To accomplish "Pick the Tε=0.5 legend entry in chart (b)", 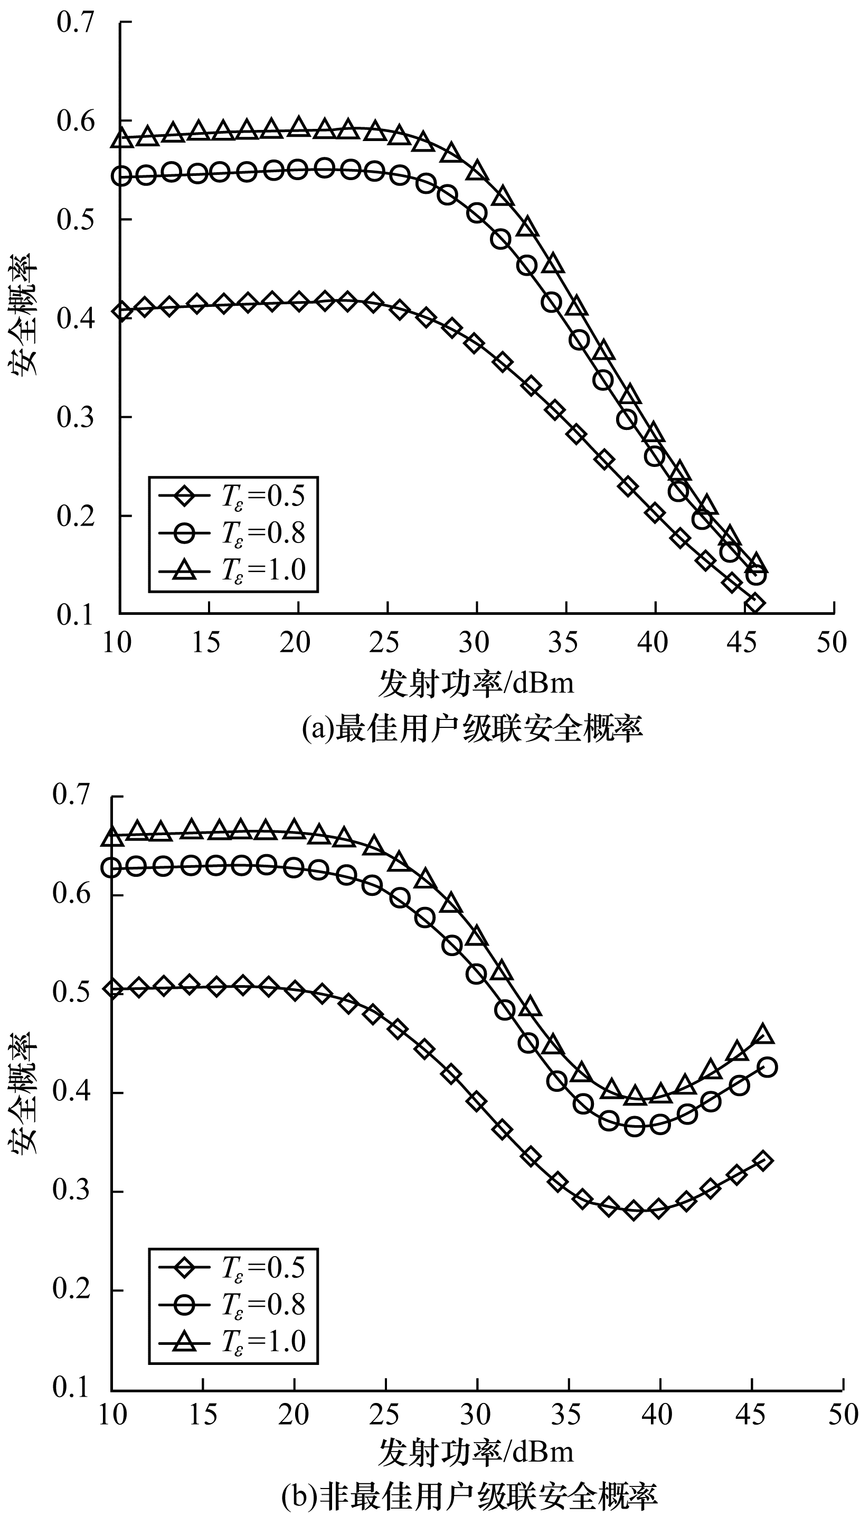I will pos(233,1267).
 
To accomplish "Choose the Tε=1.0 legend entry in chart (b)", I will pos(233,1342).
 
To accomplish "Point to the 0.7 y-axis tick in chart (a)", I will pos(75,24).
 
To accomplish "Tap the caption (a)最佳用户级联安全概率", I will pos(472,728).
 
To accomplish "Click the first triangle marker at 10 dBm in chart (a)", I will pos(121,138).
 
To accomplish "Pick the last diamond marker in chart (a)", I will pos(754,604).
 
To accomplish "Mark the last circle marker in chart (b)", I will pos(766,1067).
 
